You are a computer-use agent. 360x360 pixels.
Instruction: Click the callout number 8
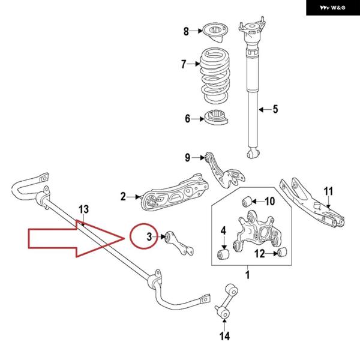[x=186, y=31]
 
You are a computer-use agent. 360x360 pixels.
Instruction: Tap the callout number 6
[x=187, y=119]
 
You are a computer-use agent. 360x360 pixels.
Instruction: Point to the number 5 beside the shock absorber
[x=275, y=109]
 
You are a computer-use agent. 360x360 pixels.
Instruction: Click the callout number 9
[x=187, y=158]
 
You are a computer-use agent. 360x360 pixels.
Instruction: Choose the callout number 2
[x=123, y=196]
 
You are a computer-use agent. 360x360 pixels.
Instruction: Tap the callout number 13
[x=83, y=209]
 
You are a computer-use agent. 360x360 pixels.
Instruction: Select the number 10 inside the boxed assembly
[x=269, y=201]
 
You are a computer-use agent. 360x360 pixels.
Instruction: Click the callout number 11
[x=328, y=191]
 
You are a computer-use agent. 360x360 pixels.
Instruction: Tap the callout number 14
[x=224, y=336]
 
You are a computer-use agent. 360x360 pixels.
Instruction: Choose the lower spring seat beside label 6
[x=217, y=118]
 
